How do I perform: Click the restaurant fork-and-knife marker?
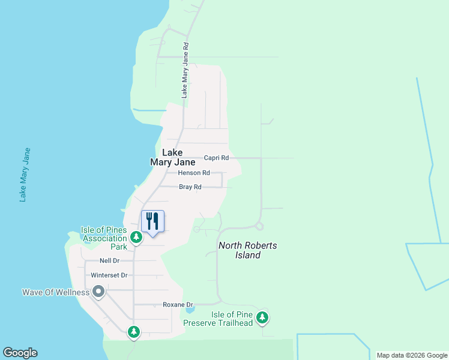pyautogui.click(x=152, y=221)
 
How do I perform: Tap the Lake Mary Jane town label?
pyautogui.click(x=172, y=157)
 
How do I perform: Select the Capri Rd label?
pyautogui.click(x=216, y=158)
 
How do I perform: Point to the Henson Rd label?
pyautogui.click(x=194, y=173)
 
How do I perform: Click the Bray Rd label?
pyautogui.click(x=190, y=187)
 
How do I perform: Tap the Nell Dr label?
pyautogui.click(x=109, y=260)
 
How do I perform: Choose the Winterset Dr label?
pyautogui.click(x=109, y=275)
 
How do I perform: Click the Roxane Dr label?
pyautogui.click(x=177, y=305)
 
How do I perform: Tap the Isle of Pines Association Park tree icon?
pyautogui.click(x=136, y=238)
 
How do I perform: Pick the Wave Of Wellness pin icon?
pyautogui.click(x=99, y=292)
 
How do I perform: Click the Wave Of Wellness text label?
pyautogui.click(x=55, y=293)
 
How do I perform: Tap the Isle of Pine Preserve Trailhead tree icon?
pyautogui.click(x=262, y=317)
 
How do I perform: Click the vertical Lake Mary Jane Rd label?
pyautogui.click(x=185, y=70)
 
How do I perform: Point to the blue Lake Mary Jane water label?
pyautogui.click(x=24, y=174)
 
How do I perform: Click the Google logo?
pyautogui.click(x=20, y=353)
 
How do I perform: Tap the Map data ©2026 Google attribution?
pyautogui.click(x=412, y=355)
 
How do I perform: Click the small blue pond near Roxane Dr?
pyautogui.click(x=190, y=310)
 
